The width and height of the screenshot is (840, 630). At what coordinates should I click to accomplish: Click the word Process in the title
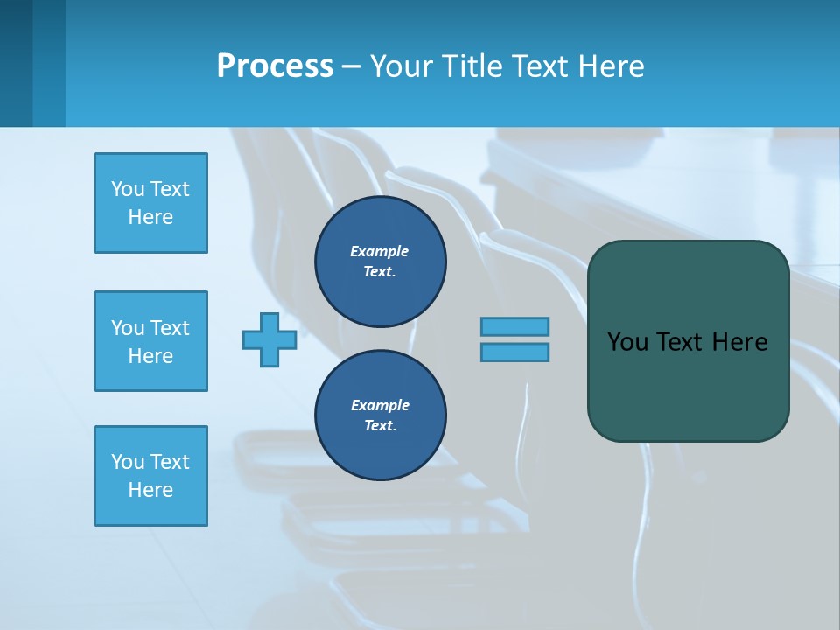coord(275,66)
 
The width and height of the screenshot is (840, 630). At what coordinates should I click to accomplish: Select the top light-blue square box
coord(150,203)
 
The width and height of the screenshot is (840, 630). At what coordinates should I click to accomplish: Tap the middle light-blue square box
coord(150,341)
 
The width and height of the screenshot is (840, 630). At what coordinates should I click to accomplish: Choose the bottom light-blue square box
coord(150,476)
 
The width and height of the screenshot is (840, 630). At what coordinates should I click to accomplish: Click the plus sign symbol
coord(269,339)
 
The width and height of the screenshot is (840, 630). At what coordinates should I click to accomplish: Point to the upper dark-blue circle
coord(380,262)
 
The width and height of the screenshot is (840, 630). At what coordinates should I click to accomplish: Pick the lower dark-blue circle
coord(380,416)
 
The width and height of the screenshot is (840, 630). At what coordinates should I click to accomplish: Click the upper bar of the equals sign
coord(514,326)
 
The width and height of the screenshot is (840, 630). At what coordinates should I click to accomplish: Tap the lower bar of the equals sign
coord(514,352)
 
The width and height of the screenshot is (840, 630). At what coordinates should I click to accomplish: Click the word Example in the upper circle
coord(380,251)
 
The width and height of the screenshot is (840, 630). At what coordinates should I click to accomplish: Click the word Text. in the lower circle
coord(380,426)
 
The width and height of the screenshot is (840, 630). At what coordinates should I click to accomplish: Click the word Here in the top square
coord(150,217)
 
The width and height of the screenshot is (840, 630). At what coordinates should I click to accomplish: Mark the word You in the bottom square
coord(128,462)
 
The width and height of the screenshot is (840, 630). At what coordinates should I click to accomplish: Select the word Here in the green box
coord(739,342)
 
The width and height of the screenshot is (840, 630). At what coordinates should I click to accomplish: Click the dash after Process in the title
coord(352,66)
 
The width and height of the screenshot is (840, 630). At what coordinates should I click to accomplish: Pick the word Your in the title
coord(402,66)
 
